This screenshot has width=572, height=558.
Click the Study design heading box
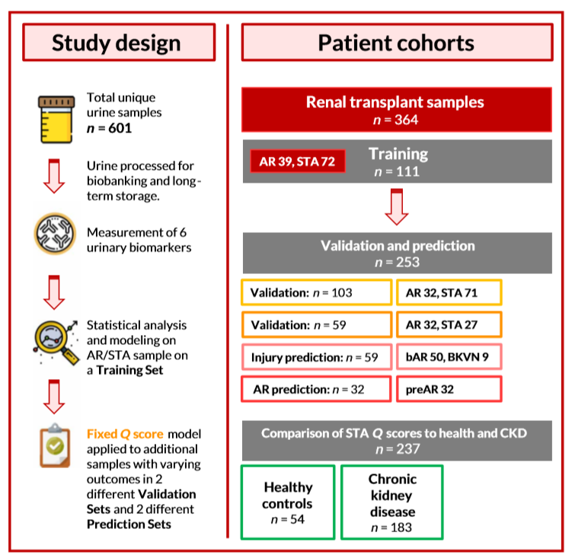click(x=117, y=43)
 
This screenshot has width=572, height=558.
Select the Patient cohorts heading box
click(x=396, y=43)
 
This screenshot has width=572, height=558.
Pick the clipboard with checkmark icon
click(x=57, y=456)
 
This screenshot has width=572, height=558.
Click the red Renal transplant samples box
click(x=396, y=109)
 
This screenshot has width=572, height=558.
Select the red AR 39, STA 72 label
click(x=298, y=161)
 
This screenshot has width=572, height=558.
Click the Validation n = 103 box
click(x=313, y=292)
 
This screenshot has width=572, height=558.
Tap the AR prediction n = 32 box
click(x=313, y=390)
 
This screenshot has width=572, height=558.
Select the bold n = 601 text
click(x=110, y=127)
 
